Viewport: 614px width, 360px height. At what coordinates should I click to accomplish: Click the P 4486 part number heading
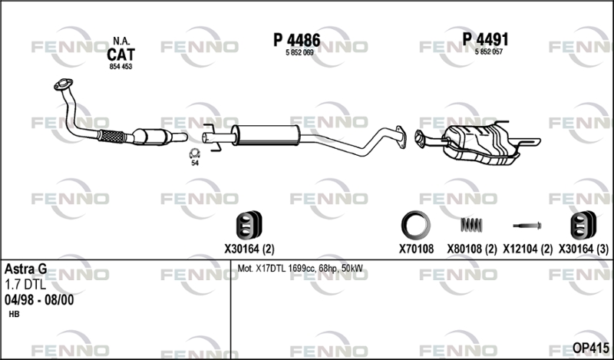(x=296, y=39)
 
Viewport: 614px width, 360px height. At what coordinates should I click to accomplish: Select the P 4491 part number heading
(x=486, y=39)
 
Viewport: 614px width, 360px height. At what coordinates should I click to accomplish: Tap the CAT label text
(x=121, y=54)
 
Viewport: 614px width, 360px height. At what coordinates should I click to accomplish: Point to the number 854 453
(x=121, y=68)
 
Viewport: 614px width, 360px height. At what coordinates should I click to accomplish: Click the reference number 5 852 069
(x=296, y=51)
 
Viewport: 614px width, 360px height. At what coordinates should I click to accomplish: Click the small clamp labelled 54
(x=194, y=154)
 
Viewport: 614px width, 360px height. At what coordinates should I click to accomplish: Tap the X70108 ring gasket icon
(x=415, y=224)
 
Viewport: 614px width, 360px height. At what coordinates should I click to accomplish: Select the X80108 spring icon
(x=470, y=224)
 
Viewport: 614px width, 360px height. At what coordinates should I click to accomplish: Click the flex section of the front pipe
(x=112, y=137)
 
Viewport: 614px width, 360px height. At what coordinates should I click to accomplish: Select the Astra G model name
(x=25, y=269)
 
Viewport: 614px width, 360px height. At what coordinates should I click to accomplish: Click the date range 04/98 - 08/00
(x=39, y=300)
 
